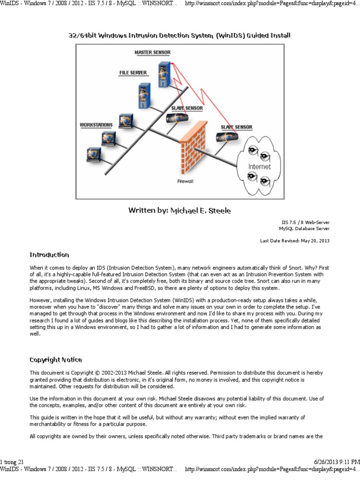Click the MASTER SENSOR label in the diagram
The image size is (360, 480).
[152, 52]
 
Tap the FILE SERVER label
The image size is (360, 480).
[133, 73]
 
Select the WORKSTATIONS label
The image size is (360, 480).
[96, 125]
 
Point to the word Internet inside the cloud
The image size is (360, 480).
[259, 166]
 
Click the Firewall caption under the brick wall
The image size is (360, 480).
[185, 180]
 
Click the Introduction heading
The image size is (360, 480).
[49, 255]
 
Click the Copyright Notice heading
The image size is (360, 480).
[56, 360]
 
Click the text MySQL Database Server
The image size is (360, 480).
[304, 229]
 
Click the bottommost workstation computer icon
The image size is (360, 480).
[93, 155]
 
